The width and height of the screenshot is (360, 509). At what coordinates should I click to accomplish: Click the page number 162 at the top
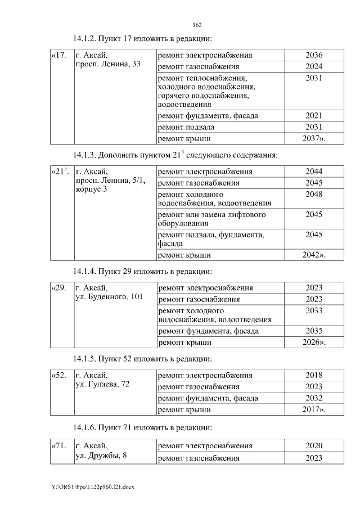click(197, 25)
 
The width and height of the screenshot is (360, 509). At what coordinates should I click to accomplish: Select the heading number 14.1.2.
click(85, 39)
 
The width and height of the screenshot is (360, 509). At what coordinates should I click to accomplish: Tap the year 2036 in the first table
click(313, 55)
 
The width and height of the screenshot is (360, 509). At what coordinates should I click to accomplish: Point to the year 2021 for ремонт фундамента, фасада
click(313, 116)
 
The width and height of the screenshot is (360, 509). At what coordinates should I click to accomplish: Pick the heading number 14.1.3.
click(85, 155)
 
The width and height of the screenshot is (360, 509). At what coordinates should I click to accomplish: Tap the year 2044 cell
click(313, 172)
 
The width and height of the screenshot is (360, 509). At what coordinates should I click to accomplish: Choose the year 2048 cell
click(313, 194)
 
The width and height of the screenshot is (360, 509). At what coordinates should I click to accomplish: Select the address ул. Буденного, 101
click(109, 297)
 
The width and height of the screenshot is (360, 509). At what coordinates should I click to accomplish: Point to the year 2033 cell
click(313, 310)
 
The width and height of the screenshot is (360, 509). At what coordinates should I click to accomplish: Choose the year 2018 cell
click(313, 375)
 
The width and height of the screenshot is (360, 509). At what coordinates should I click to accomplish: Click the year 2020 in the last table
click(313, 446)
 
